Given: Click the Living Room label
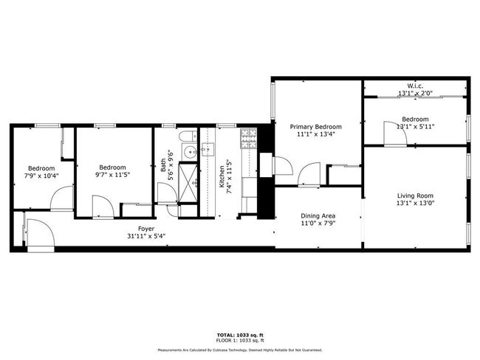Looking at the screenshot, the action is click(x=415, y=195).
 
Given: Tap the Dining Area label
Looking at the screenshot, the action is click(x=318, y=216).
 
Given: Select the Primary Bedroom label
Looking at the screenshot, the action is click(x=315, y=127).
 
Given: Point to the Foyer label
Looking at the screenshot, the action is click(x=146, y=229).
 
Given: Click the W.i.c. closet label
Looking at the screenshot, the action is click(x=415, y=86).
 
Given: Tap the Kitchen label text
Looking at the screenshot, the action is click(x=222, y=176).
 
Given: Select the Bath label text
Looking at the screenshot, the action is click(x=163, y=165).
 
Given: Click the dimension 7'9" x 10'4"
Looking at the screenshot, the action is click(x=41, y=176).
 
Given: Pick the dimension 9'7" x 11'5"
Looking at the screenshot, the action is click(x=112, y=175).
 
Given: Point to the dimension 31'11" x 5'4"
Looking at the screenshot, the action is click(x=146, y=236).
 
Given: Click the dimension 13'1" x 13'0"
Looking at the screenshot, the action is click(x=415, y=203).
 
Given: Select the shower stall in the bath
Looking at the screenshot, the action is click(x=188, y=183).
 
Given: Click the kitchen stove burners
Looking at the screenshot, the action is click(x=249, y=135).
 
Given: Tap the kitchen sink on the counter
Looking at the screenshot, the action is click(x=208, y=150).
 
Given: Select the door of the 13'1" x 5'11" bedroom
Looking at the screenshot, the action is click(x=395, y=133).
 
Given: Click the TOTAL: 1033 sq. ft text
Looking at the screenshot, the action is click(x=240, y=335).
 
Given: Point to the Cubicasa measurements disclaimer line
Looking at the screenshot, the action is click(x=240, y=350).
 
